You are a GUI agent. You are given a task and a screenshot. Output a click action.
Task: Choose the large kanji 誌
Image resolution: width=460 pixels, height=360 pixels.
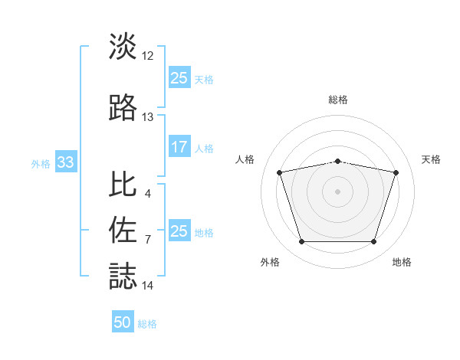coord(123,276)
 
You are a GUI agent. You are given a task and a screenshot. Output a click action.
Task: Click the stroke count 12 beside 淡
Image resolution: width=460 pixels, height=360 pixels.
coord(148,57)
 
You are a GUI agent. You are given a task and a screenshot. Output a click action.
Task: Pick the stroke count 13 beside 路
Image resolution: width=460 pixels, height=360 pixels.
coord(148,117)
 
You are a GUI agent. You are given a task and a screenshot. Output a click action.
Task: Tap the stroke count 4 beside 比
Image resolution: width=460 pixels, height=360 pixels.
coord(147,193)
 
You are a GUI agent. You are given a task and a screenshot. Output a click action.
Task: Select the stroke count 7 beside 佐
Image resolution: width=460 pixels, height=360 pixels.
coord(147,240)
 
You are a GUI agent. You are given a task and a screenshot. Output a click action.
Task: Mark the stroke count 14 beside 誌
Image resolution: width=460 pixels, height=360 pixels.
coord(148,286)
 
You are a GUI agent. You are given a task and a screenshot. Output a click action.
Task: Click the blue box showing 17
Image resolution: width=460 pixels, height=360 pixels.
coord(179,148)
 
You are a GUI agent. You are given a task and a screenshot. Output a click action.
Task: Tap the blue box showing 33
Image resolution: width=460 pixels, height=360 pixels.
coord(65,162)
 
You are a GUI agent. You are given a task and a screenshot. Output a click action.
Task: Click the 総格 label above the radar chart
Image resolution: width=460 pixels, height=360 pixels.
coord(338,100)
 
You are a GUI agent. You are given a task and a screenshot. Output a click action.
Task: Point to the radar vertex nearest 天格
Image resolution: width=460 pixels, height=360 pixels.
coord(396,172)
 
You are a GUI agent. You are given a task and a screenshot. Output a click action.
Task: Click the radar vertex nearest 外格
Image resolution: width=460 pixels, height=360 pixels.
coord(301,242)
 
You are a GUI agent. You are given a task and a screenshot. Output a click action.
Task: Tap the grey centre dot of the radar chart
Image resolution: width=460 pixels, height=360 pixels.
coord(338,191)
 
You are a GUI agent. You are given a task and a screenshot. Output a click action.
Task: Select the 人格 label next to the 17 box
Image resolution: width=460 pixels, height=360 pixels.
coord(204,149)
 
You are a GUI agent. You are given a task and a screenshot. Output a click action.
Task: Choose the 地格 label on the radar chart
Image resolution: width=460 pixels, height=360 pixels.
coord(402,263)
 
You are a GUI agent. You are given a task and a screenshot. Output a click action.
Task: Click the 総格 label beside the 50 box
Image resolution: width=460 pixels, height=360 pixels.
coord(147,324)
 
